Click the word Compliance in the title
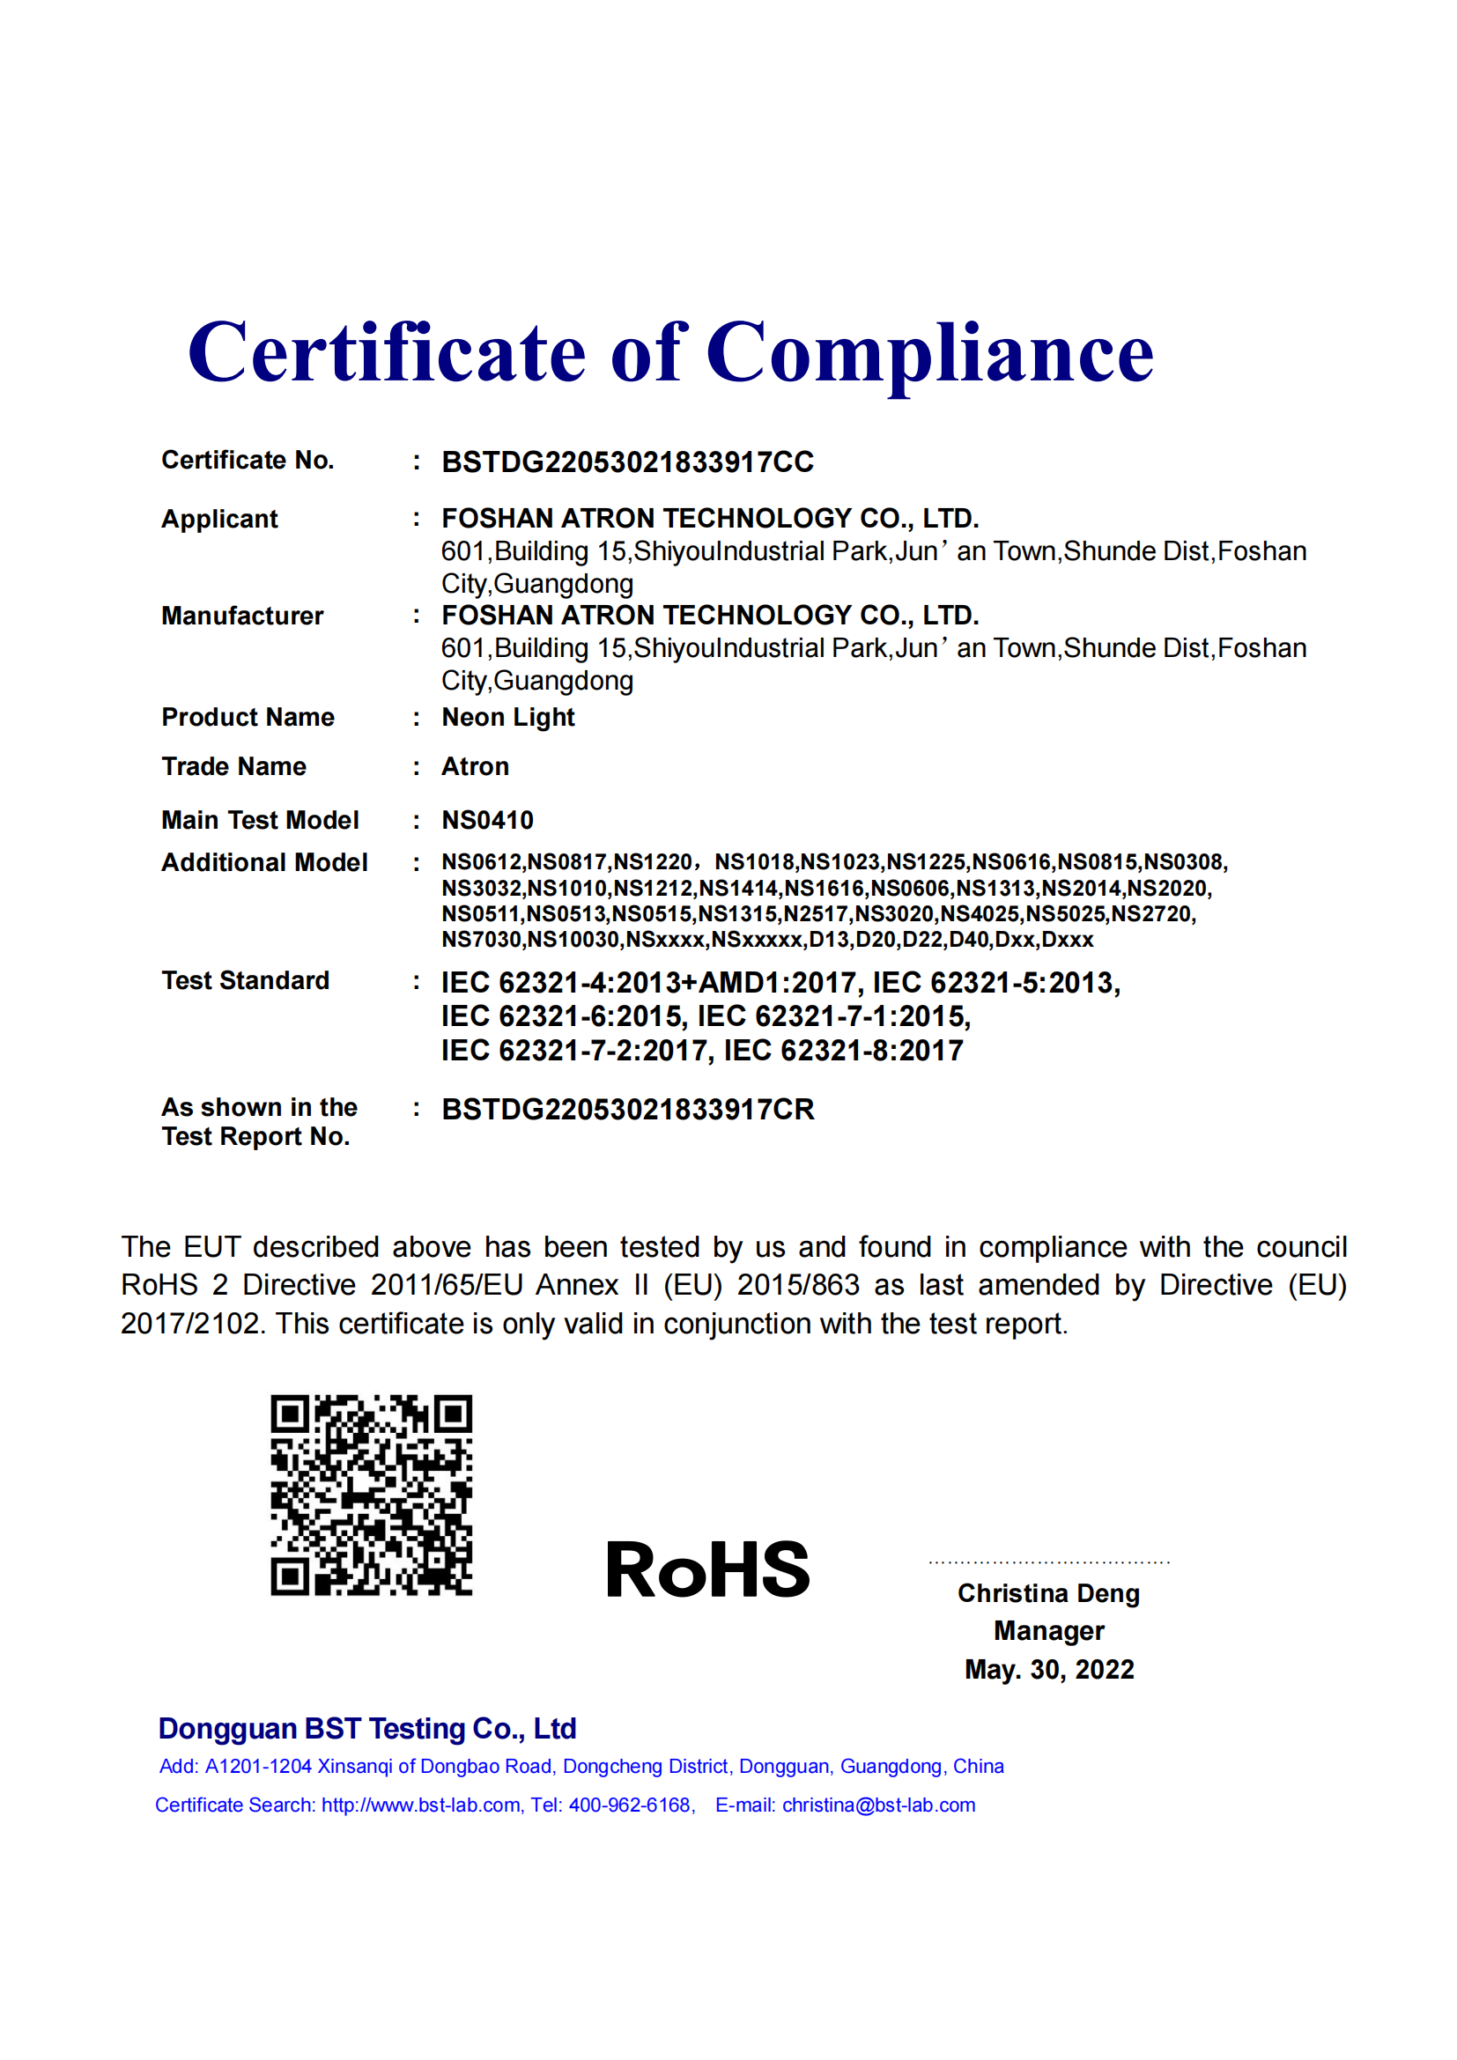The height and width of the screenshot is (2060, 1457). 929,353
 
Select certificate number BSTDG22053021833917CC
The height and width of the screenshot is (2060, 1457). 627,462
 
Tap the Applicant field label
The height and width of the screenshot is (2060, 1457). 219,519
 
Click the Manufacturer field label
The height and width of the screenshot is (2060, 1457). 241,616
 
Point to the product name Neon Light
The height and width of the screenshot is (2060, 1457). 507,717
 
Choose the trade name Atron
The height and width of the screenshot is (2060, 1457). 475,766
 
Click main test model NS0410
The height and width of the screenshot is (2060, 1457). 487,820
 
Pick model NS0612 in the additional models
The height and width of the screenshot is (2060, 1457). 481,862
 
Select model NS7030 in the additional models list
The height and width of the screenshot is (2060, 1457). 481,940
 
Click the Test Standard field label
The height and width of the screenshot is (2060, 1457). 245,980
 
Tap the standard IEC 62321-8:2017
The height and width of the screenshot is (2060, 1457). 842,1051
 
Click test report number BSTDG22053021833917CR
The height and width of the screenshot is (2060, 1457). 627,1110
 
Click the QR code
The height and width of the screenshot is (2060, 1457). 372,1495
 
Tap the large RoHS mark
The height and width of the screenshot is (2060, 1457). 707,1570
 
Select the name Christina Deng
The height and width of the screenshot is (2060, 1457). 1048,1593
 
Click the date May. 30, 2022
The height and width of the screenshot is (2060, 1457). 1049,1670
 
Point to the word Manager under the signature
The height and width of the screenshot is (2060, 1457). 1049,1631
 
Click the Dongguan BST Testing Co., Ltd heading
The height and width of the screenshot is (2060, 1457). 367,1729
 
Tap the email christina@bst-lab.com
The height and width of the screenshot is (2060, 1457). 878,1805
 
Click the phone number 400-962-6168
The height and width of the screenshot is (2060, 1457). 630,1805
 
